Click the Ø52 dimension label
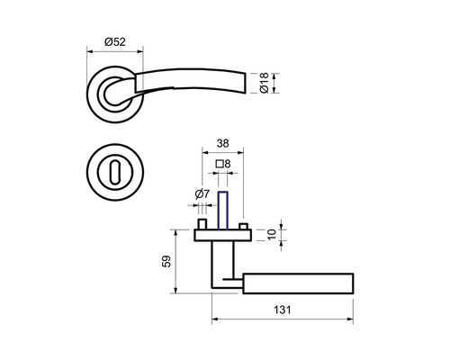click(x=115, y=41)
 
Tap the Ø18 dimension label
click(x=265, y=83)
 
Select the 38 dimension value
click(x=223, y=144)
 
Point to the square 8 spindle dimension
click(x=223, y=164)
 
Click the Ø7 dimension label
click(x=202, y=194)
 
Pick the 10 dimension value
click(x=272, y=234)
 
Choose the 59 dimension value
click(x=166, y=261)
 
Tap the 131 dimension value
click(x=283, y=310)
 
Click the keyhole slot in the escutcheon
click(x=114, y=173)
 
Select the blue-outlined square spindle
click(x=222, y=211)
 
